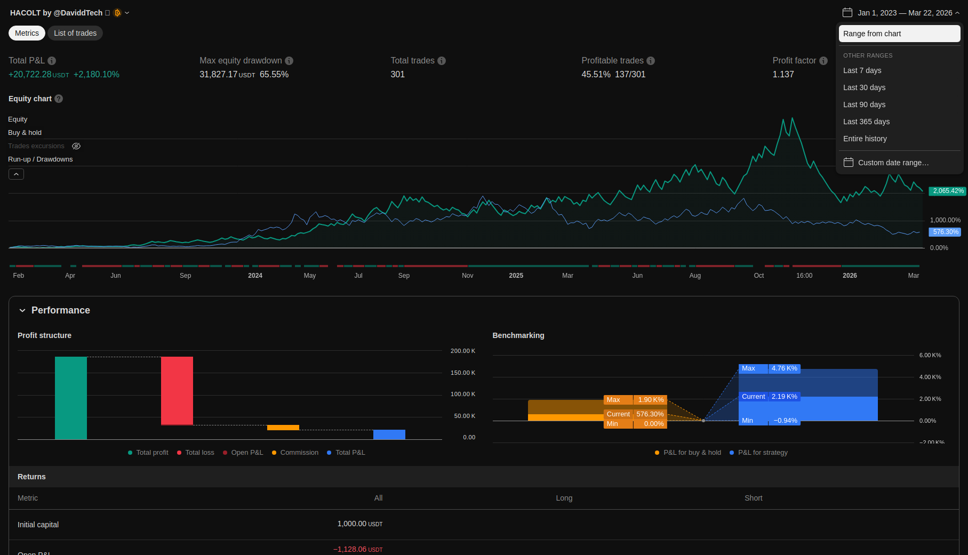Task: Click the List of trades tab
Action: pos(75,33)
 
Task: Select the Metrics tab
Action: pos(27,33)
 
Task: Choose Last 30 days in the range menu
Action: pos(864,87)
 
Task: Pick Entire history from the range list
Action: pos(865,139)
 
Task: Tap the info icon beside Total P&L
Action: pos(52,61)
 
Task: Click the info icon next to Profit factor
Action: pos(823,61)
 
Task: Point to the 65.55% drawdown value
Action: pos(274,75)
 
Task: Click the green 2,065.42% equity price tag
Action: pos(948,191)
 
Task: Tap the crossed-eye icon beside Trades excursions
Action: pos(76,146)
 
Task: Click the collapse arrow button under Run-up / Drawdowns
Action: pos(16,174)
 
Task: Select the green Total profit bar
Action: pos(71,398)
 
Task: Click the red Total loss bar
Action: pos(177,391)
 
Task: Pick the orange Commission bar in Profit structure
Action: pos(283,428)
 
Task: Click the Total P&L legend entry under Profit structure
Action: pos(346,453)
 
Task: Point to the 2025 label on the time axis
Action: pos(516,276)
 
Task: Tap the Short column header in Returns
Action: pos(754,498)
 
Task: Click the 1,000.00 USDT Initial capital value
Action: pos(360,524)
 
